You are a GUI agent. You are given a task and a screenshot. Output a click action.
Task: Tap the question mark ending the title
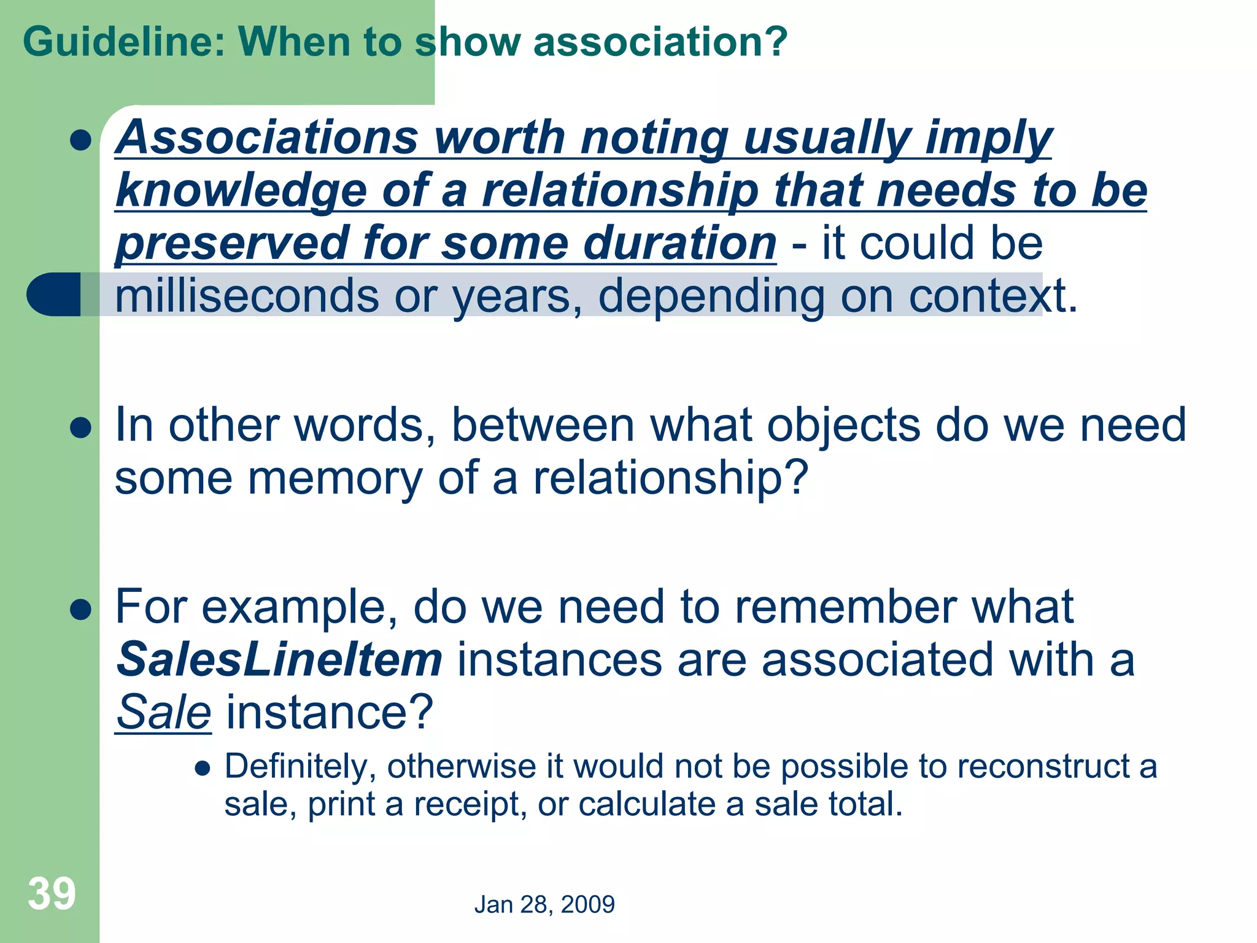click(x=776, y=42)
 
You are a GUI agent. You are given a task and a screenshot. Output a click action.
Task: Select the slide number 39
click(x=52, y=894)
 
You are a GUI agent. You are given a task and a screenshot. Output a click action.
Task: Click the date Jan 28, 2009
click(x=544, y=904)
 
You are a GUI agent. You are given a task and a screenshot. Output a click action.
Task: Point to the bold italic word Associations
click(x=268, y=138)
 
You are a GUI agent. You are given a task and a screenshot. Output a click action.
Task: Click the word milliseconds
click(x=246, y=296)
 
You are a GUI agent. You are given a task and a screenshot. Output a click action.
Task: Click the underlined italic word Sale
click(x=164, y=712)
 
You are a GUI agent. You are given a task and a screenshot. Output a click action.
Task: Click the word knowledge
click(x=241, y=191)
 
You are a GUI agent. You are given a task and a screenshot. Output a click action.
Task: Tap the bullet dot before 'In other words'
click(x=80, y=428)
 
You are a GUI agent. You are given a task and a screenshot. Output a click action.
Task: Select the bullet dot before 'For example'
click(x=80, y=610)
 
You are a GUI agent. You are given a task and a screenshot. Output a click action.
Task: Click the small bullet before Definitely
click(x=203, y=768)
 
